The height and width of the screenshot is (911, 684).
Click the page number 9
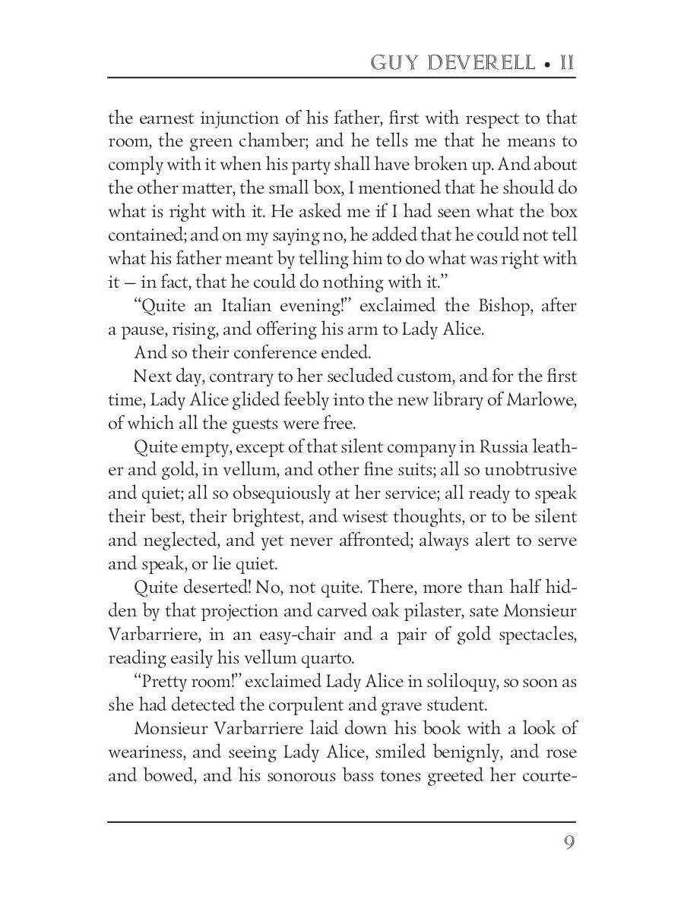point(568,843)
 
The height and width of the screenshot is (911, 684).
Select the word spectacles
point(537,634)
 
